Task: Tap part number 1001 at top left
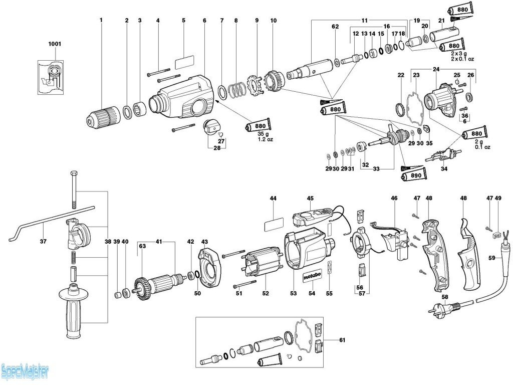tap(54, 44)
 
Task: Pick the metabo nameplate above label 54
tap(311, 276)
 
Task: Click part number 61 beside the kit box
tap(342, 340)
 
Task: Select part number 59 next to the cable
tap(492, 259)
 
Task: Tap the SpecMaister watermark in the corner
tap(25, 372)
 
